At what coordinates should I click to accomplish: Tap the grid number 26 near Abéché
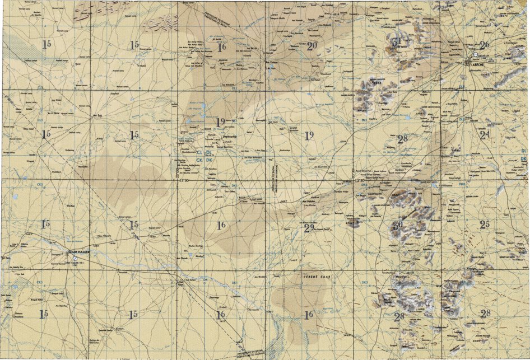[x=484, y=45]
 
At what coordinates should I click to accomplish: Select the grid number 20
[x=312, y=46]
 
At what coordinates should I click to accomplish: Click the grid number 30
[x=398, y=226]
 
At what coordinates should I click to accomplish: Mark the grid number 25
[x=485, y=225]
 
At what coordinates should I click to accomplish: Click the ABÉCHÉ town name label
[x=478, y=63]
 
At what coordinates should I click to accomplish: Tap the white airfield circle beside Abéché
[x=476, y=55]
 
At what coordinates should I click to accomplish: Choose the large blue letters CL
[x=200, y=152]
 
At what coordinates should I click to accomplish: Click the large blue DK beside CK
[x=209, y=160]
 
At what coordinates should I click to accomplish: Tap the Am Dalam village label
[x=271, y=62]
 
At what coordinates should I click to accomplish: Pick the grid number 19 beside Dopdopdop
[x=221, y=121]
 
